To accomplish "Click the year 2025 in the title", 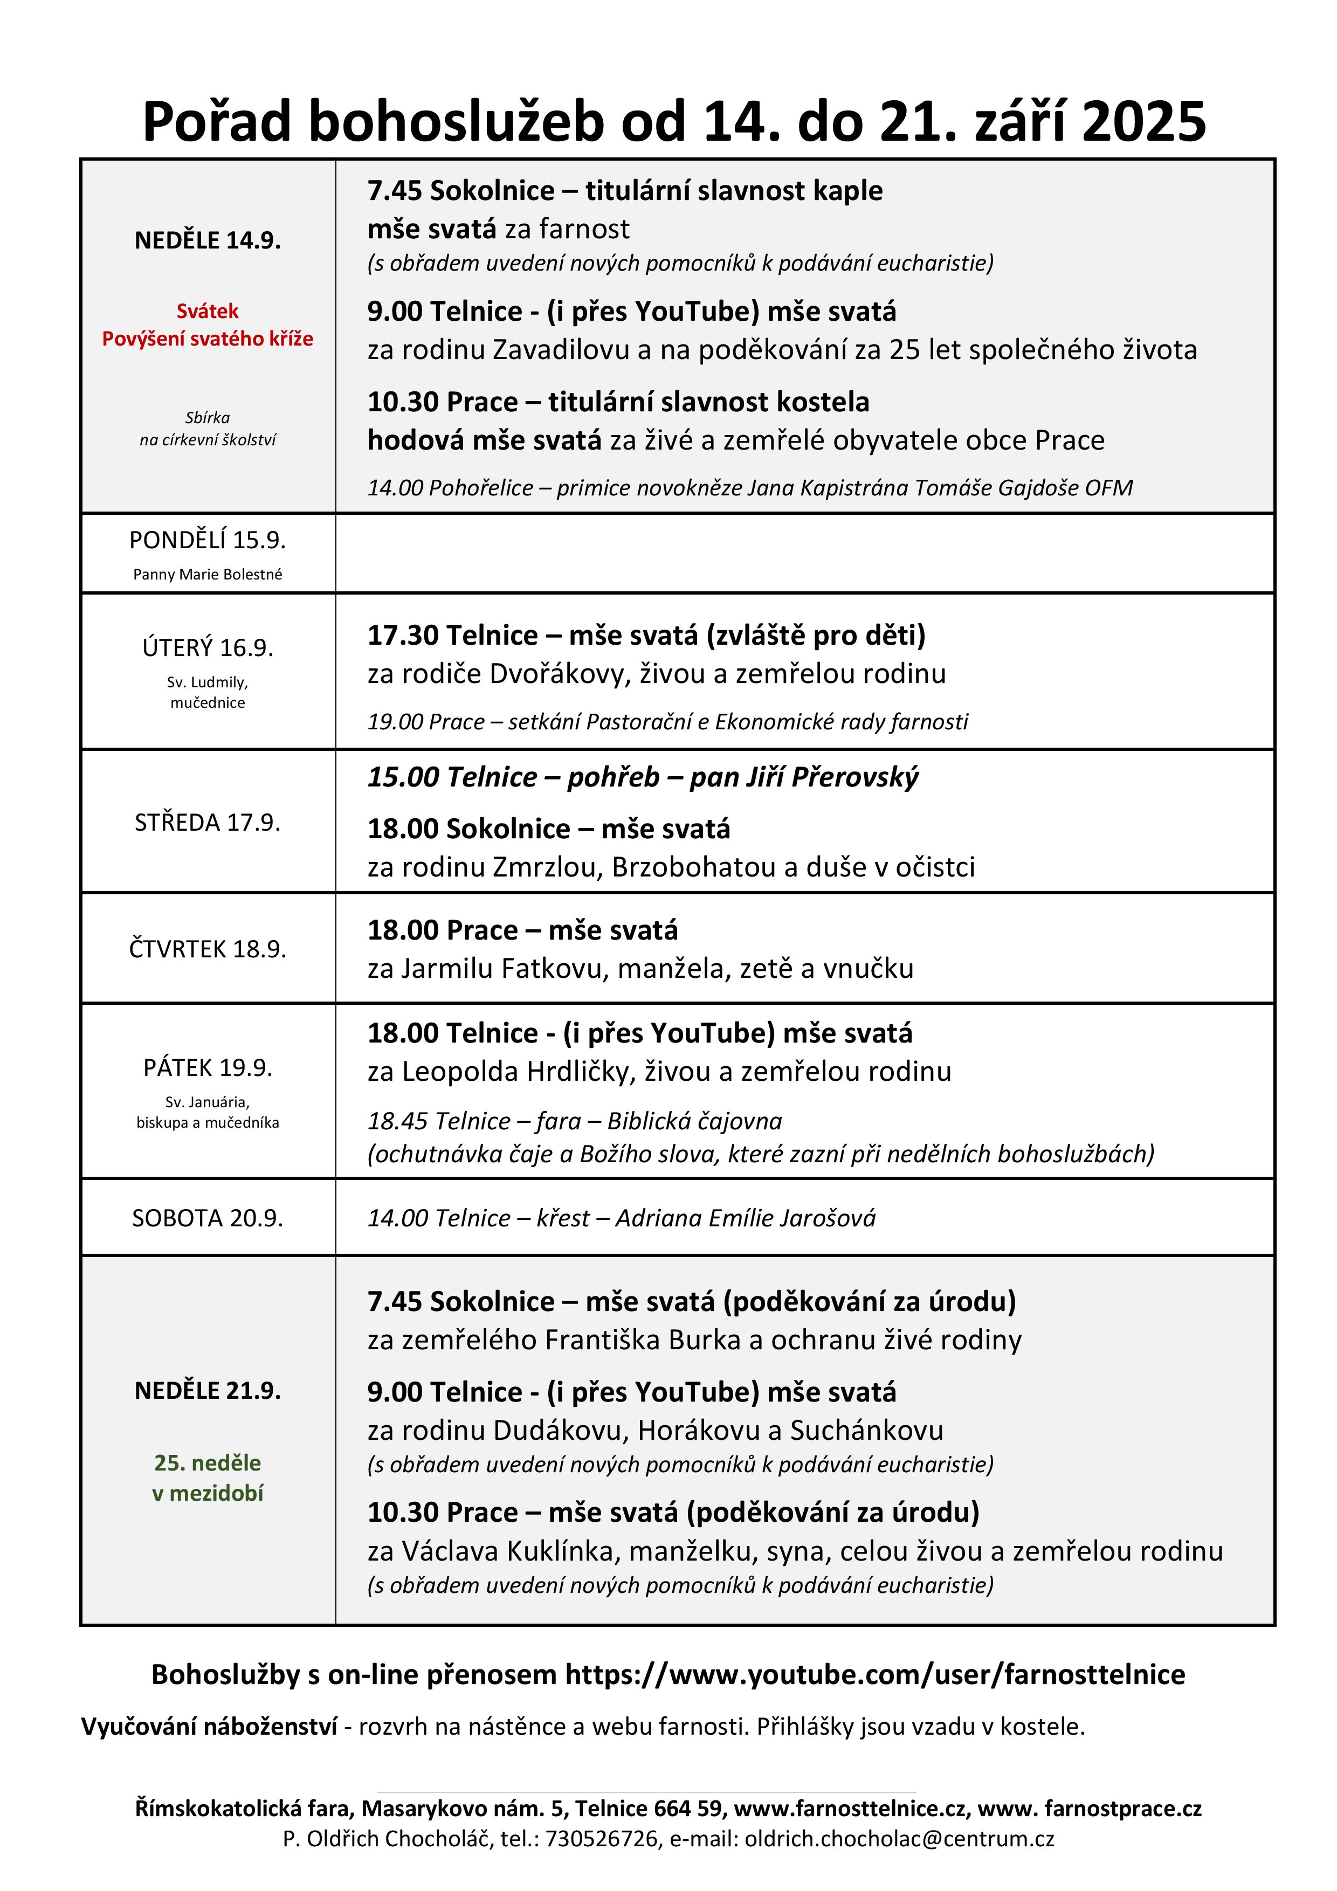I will [x=1143, y=122].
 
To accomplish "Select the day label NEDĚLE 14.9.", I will [x=208, y=240].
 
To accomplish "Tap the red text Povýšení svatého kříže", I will [x=208, y=339].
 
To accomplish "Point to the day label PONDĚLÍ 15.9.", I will [x=208, y=540].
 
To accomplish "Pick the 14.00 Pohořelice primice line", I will [x=750, y=488].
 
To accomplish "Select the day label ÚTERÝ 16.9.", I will [x=208, y=648].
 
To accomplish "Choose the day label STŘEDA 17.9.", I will [x=208, y=823].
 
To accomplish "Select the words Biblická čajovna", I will [x=694, y=1121].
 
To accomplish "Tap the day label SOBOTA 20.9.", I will [x=208, y=1218].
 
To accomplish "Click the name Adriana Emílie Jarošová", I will [x=746, y=1218].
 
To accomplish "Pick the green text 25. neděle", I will [x=208, y=1463].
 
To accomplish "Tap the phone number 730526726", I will [x=601, y=1838].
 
